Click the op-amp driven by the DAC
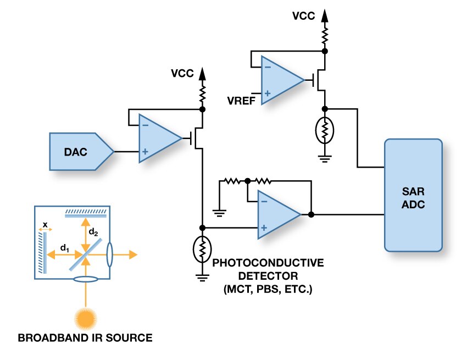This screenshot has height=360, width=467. point(158,139)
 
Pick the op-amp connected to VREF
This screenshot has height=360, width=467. point(281,80)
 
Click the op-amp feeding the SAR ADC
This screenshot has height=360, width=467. point(277,215)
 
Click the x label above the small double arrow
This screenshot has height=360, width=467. point(45,224)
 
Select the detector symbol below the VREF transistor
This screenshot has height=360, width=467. point(325,131)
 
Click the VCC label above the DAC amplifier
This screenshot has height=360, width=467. point(182,73)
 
